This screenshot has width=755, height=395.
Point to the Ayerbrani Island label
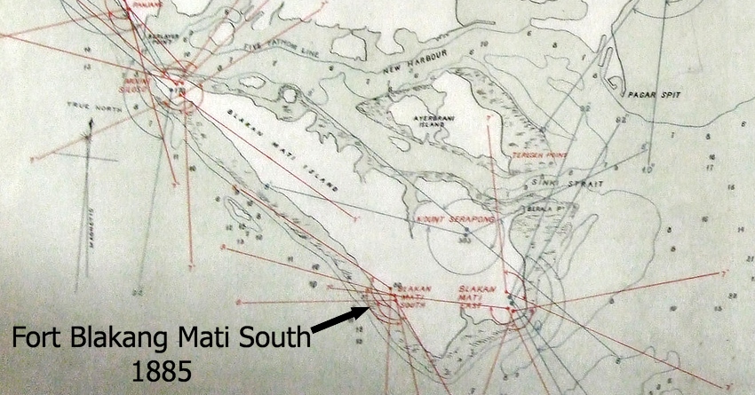(x=433, y=121)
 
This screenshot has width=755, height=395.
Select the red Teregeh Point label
(x=538, y=156)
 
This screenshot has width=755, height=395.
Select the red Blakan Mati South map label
(x=416, y=296)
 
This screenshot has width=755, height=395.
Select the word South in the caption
(x=270, y=338)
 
